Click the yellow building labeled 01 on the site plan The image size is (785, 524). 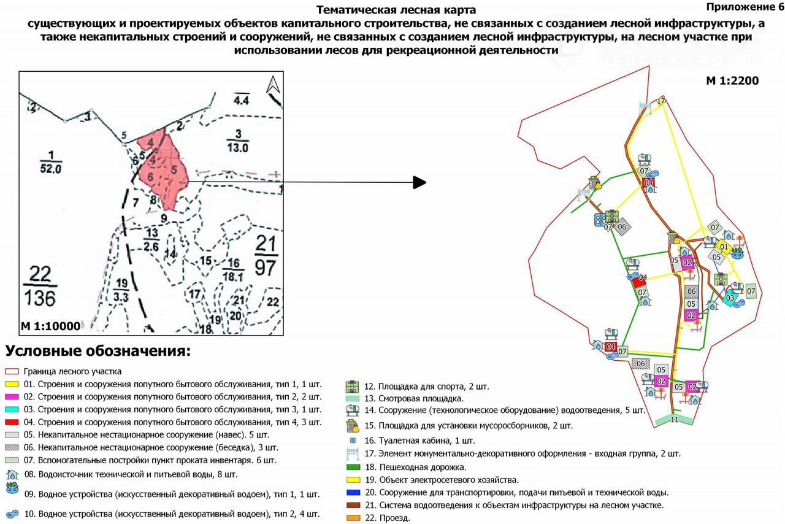pyautogui.click(x=724, y=247)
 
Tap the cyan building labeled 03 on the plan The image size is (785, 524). pyautogui.click(x=730, y=298)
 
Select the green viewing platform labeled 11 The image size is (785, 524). pyautogui.click(x=674, y=420)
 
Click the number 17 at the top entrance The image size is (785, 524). pyautogui.click(x=661, y=101)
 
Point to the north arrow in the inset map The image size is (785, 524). pyautogui.click(x=273, y=85)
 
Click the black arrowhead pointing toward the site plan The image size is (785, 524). pyautogui.click(x=419, y=182)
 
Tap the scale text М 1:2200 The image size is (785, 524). pyautogui.click(x=732, y=80)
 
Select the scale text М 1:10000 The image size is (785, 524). pyautogui.click(x=50, y=326)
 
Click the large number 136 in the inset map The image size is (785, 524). pyautogui.click(x=41, y=298)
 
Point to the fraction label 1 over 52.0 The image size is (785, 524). pyautogui.click(x=51, y=161)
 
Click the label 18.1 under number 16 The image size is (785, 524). pyautogui.click(x=233, y=277)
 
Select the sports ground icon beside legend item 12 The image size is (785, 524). pyautogui.click(x=352, y=387)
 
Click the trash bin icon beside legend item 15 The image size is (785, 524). pyautogui.click(x=352, y=425)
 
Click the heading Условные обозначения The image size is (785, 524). pyautogui.click(x=98, y=352)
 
